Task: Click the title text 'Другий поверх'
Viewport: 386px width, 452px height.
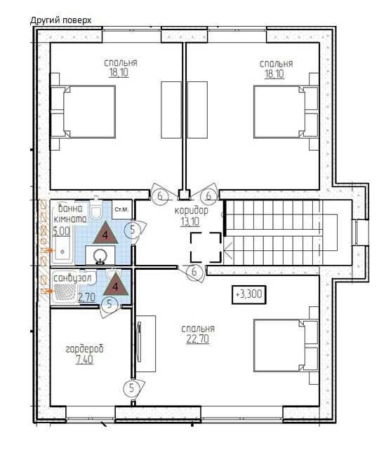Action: [x=60, y=20]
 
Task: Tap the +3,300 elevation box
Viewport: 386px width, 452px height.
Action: [x=248, y=294]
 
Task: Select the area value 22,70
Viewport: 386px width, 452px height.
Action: [x=198, y=339]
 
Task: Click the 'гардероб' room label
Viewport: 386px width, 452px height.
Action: [x=84, y=350]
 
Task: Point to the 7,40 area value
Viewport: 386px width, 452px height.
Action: [x=84, y=359]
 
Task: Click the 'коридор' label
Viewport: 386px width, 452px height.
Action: [x=191, y=211]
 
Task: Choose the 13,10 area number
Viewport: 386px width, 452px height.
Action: [x=191, y=221]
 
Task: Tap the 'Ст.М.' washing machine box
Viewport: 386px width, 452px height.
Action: [x=122, y=210]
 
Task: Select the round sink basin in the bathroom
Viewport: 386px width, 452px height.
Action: [x=101, y=256]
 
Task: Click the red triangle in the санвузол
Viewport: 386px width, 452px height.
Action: [x=116, y=285]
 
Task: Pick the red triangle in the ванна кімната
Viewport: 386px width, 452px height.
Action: [x=105, y=233]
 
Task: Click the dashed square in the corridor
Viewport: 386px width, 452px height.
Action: [x=206, y=247]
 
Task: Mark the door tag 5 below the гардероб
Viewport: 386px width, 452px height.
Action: [x=132, y=388]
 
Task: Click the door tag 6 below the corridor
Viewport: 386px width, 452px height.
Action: [x=194, y=271]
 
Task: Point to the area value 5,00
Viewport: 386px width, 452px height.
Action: [x=61, y=231]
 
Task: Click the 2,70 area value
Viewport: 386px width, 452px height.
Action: [x=86, y=297]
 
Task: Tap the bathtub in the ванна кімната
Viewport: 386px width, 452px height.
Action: [x=62, y=250]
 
